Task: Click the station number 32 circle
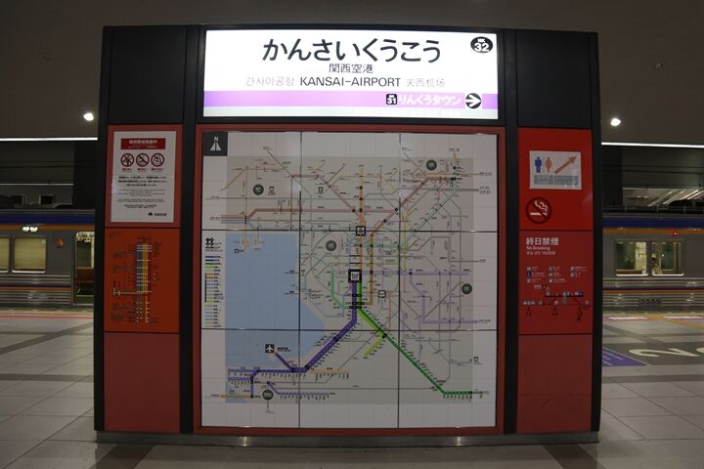click(481, 45)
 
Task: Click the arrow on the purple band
click(473, 100)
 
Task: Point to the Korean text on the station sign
click(267, 83)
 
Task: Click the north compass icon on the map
click(214, 144)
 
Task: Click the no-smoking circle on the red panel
click(538, 209)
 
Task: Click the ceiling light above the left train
click(88, 116)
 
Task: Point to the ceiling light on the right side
click(615, 121)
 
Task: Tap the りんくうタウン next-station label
click(428, 100)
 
